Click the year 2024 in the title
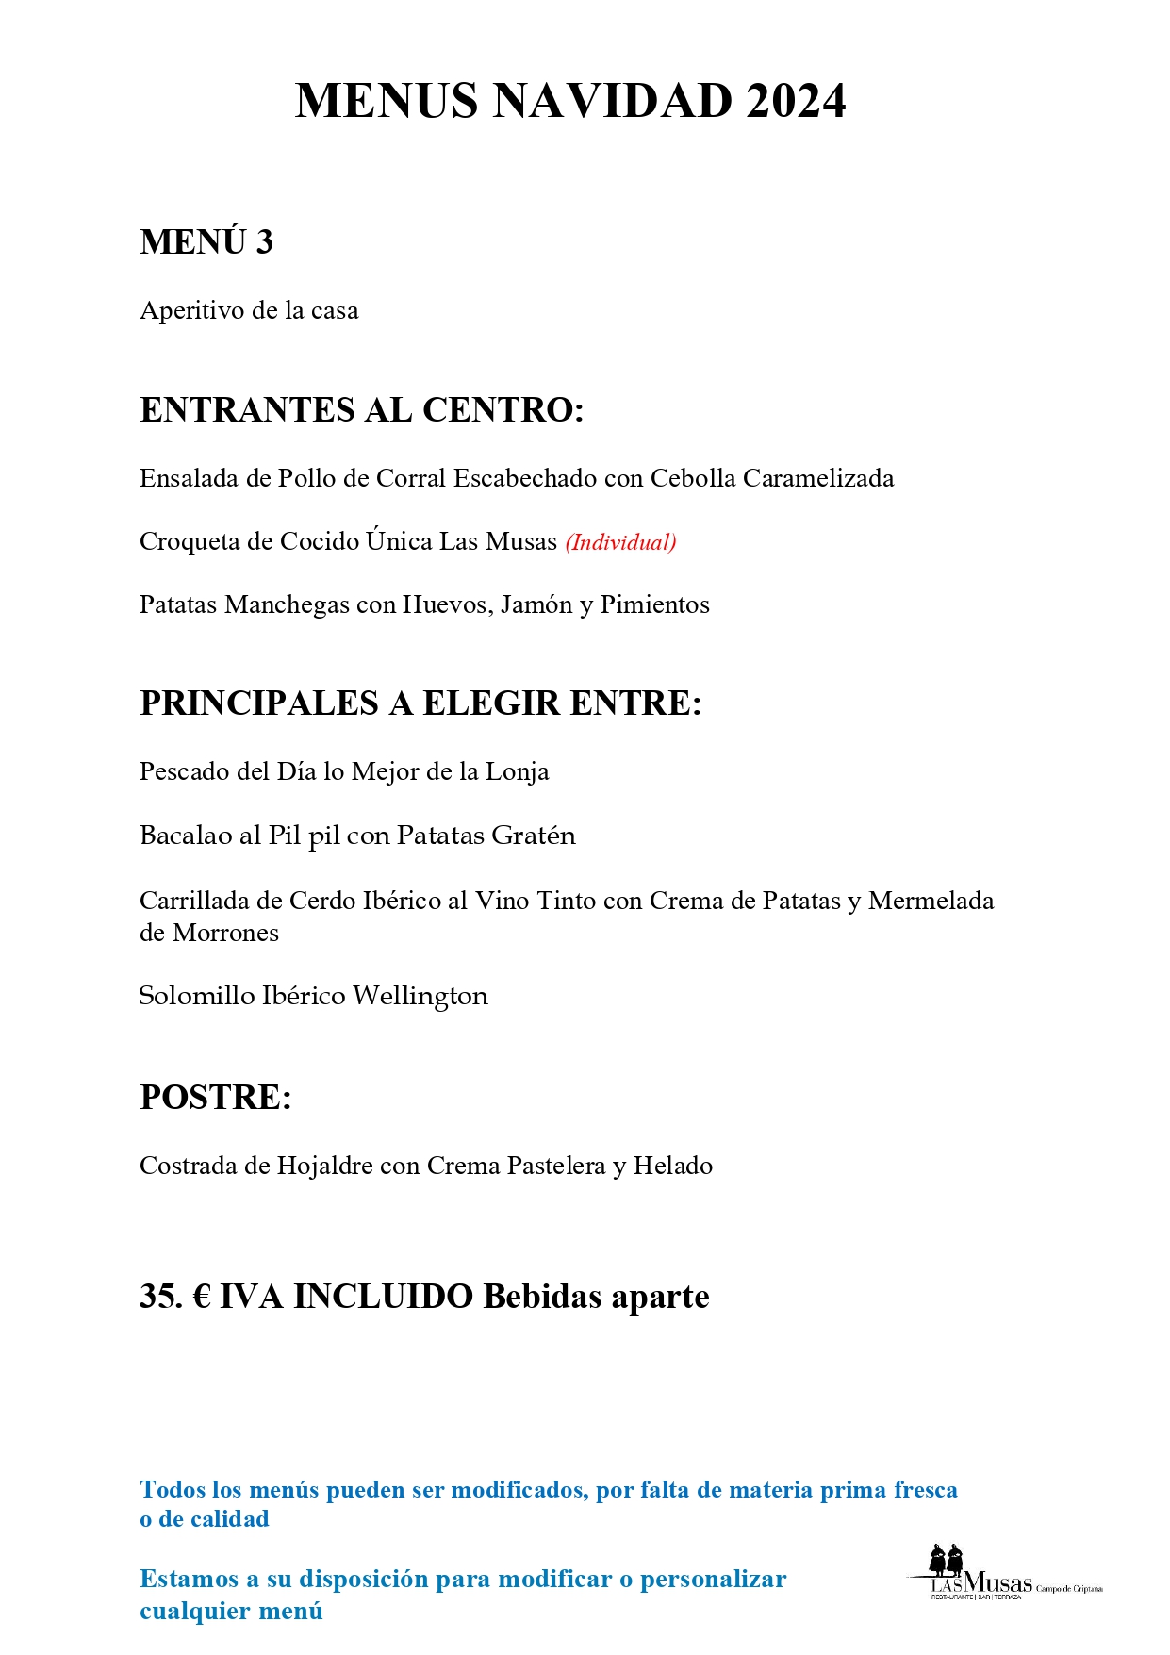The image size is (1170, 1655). (x=796, y=101)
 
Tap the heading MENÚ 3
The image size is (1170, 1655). (x=206, y=242)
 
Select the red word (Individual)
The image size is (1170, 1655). (x=620, y=542)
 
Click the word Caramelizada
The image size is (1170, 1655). (x=817, y=478)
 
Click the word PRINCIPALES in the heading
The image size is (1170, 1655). (x=259, y=703)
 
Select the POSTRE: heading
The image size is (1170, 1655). (x=216, y=1098)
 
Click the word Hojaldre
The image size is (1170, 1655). (x=324, y=1167)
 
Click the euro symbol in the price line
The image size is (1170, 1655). (x=202, y=1297)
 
